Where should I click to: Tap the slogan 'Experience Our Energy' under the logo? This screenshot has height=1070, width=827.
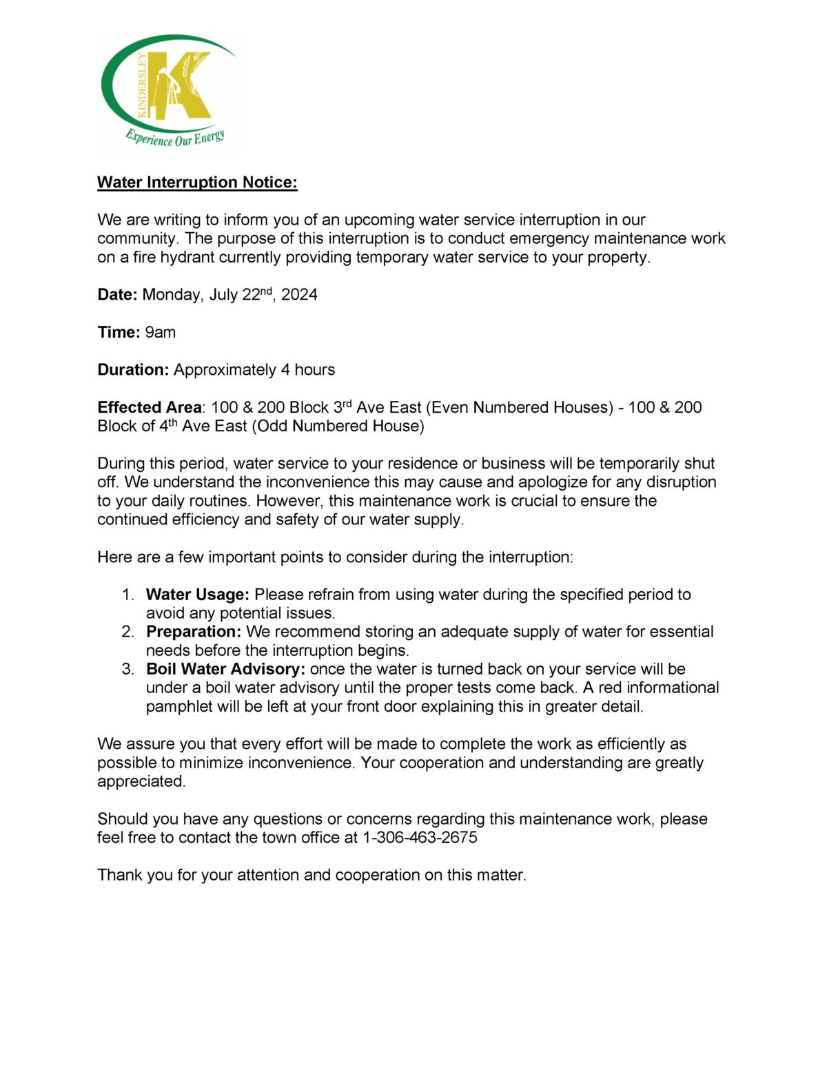click(x=175, y=137)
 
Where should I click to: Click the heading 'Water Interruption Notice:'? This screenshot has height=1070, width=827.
click(x=197, y=182)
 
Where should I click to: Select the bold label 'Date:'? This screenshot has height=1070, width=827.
click(x=117, y=295)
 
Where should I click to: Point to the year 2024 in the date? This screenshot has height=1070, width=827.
click(x=299, y=295)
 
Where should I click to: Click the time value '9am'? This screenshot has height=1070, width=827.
click(x=160, y=332)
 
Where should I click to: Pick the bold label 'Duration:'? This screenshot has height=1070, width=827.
click(x=133, y=369)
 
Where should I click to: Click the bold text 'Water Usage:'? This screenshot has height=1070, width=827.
click(x=197, y=595)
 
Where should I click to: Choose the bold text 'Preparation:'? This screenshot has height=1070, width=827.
click(x=194, y=632)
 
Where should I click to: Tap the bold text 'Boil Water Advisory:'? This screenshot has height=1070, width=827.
click(x=225, y=669)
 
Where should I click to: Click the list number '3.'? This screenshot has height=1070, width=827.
click(x=128, y=669)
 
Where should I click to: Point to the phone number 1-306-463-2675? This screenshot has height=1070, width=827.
click(x=420, y=838)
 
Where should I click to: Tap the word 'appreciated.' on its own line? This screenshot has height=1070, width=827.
click(x=141, y=781)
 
